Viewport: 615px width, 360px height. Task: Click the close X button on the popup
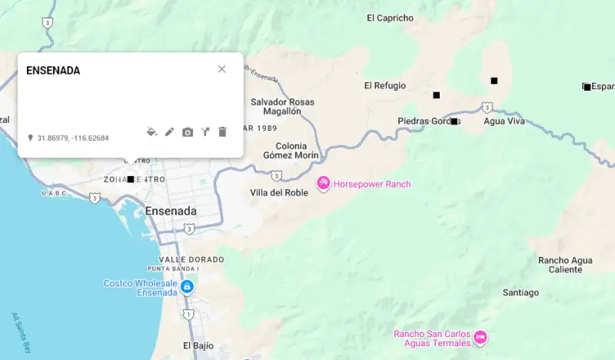tap(221, 69)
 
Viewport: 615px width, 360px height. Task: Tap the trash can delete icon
tap(222, 132)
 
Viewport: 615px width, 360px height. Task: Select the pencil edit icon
tap(170, 132)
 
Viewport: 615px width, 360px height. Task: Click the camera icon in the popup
tap(188, 132)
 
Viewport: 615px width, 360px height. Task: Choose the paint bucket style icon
tap(152, 132)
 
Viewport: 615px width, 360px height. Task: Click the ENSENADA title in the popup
tap(53, 71)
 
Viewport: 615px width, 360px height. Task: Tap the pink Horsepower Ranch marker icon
tap(324, 183)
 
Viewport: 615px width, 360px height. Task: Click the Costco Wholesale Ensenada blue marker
tap(186, 287)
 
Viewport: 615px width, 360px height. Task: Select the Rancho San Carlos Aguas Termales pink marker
tap(480, 337)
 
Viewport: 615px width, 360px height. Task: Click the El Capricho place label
tap(390, 18)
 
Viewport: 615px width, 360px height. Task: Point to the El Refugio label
tap(384, 86)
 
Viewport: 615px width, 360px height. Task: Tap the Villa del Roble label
tap(279, 192)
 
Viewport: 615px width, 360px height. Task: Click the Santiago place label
tap(520, 292)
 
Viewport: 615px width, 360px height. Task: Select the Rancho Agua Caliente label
tap(565, 265)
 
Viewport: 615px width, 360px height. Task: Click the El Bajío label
tap(198, 345)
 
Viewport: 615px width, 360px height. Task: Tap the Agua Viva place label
tap(504, 121)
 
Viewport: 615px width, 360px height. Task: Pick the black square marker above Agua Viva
tap(494, 81)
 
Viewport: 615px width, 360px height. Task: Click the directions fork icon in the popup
tap(205, 132)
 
